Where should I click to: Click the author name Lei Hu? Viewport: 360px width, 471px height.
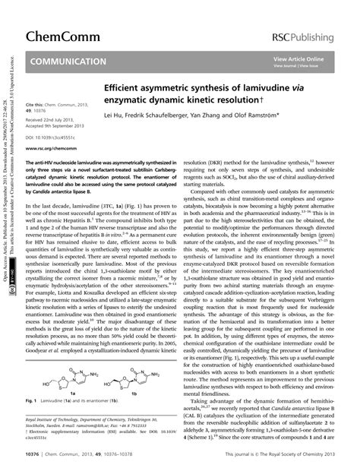pos(115,115)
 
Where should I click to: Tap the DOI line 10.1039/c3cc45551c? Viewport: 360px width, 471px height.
pos(51,138)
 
